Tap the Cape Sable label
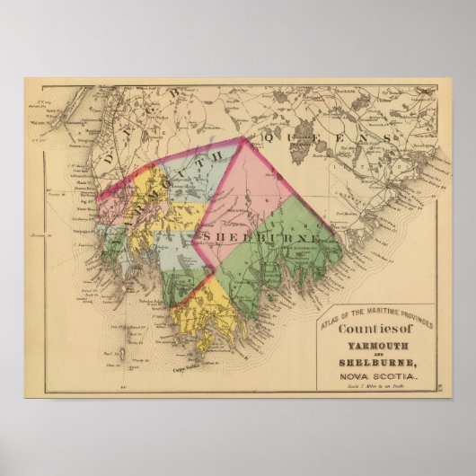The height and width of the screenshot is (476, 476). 180,366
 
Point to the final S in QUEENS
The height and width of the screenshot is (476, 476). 386,137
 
